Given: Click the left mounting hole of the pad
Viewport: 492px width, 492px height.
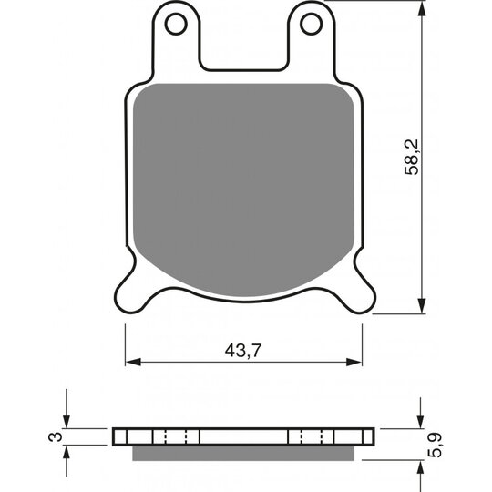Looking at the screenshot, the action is point(176,24).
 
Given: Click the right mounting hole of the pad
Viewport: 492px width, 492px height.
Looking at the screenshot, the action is point(311,24).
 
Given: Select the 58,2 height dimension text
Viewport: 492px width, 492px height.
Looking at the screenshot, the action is point(411,157).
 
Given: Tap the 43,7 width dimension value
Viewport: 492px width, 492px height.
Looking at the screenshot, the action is point(243,350).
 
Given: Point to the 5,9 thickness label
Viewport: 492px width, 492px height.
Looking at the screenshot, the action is point(435,445).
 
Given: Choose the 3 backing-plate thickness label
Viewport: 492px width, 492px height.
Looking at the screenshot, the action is point(56,436).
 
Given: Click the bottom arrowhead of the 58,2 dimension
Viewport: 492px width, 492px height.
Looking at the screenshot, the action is point(423,305).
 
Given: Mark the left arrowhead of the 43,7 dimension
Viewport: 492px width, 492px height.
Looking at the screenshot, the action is point(133,362).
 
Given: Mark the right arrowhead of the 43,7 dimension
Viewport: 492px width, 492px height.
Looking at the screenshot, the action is point(354,362).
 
